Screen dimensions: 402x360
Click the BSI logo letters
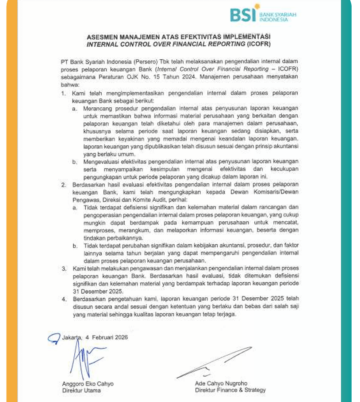(243, 15)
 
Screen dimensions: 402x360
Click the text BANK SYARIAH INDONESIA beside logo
(278, 17)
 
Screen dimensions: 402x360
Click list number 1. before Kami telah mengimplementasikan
(63, 93)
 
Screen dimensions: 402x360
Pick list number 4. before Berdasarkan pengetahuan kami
(63, 299)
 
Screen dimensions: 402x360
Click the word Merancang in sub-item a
(98, 108)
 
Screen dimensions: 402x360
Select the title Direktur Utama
(81, 391)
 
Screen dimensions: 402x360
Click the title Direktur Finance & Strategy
(230, 390)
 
